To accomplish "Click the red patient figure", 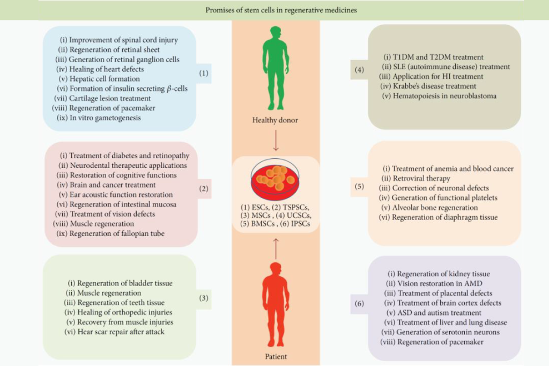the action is coord(276,305).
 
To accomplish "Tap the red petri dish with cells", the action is coord(276,179).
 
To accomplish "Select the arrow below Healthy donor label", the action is coord(276,140).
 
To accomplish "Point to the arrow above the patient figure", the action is coord(276,248).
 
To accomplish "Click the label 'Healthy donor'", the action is coord(275,120).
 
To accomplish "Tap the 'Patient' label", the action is coord(276,356).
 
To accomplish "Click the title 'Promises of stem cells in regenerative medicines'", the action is coord(281,10).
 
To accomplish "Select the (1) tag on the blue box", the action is coord(204,74).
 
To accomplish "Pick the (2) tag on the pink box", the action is coord(204,188).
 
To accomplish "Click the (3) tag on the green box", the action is coord(204,298).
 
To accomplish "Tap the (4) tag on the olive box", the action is coord(359,69).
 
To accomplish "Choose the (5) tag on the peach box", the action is coord(359,186).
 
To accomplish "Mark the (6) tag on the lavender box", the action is coord(359,303).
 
